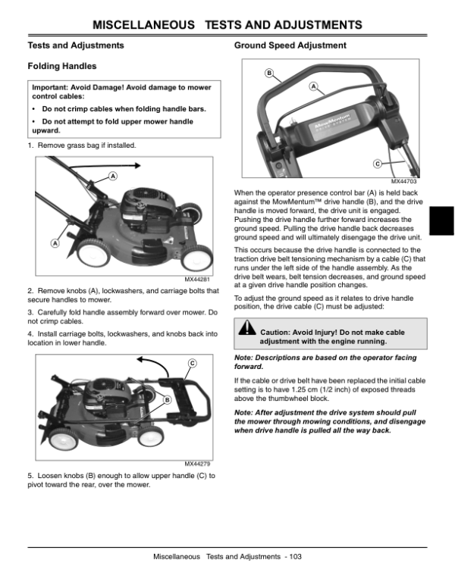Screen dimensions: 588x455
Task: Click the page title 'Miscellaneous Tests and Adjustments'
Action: point(227,26)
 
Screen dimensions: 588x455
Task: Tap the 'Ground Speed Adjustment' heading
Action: point(290,46)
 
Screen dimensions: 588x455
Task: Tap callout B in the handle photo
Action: point(268,73)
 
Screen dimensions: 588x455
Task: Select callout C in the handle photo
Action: point(377,164)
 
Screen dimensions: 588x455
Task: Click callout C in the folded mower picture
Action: point(193,364)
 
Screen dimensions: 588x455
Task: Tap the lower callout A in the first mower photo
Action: point(55,242)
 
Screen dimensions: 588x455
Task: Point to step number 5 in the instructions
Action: point(30,475)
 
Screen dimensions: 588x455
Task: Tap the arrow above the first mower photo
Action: point(122,164)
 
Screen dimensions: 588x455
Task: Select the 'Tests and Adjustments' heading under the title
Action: point(66,46)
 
